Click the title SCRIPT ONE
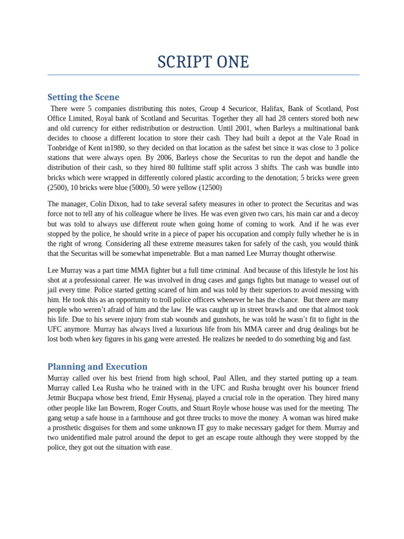point(203,62)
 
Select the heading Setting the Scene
point(83,97)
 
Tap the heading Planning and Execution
point(97,366)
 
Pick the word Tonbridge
point(64,148)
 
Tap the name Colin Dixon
point(111,204)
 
